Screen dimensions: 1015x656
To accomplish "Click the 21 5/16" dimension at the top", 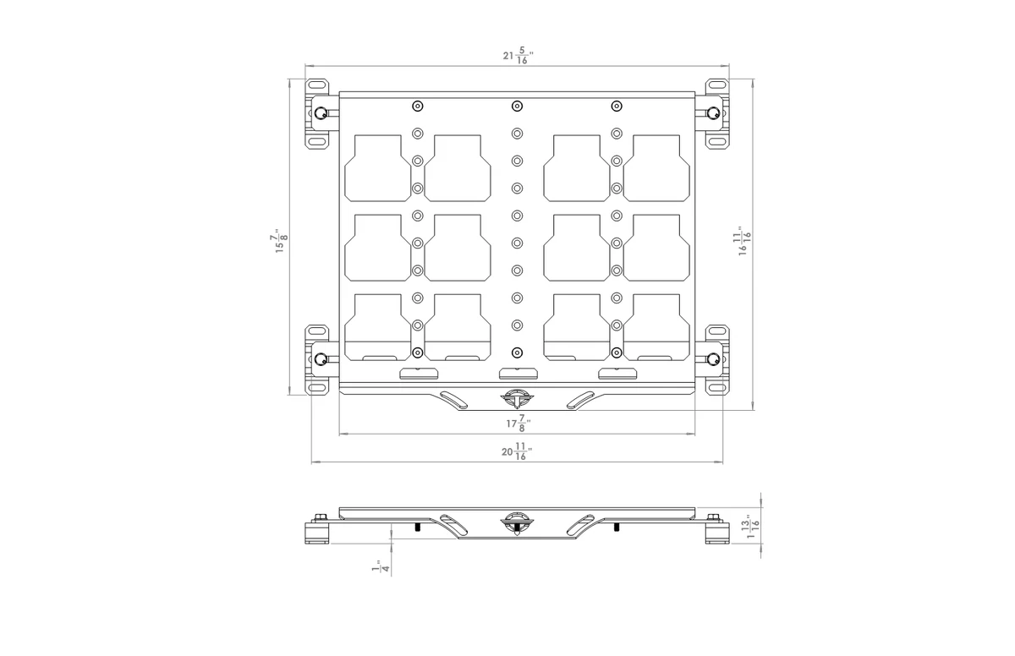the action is click(x=518, y=56).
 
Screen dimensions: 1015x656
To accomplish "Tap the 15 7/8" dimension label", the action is click(x=281, y=241).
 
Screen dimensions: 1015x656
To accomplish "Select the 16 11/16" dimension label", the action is click(x=744, y=241).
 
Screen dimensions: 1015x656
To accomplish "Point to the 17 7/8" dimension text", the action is click(x=518, y=424).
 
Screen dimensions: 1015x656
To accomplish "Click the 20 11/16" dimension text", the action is click(x=517, y=451).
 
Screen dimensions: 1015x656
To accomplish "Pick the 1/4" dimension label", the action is click(x=381, y=566).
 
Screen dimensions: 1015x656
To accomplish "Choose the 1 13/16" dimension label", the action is click(x=753, y=526).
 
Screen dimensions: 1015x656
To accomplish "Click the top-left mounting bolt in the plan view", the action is click(x=321, y=112).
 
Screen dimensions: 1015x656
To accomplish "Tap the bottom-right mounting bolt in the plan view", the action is click(x=713, y=359).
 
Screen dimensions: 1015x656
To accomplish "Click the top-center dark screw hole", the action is click(x=517, y=106).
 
